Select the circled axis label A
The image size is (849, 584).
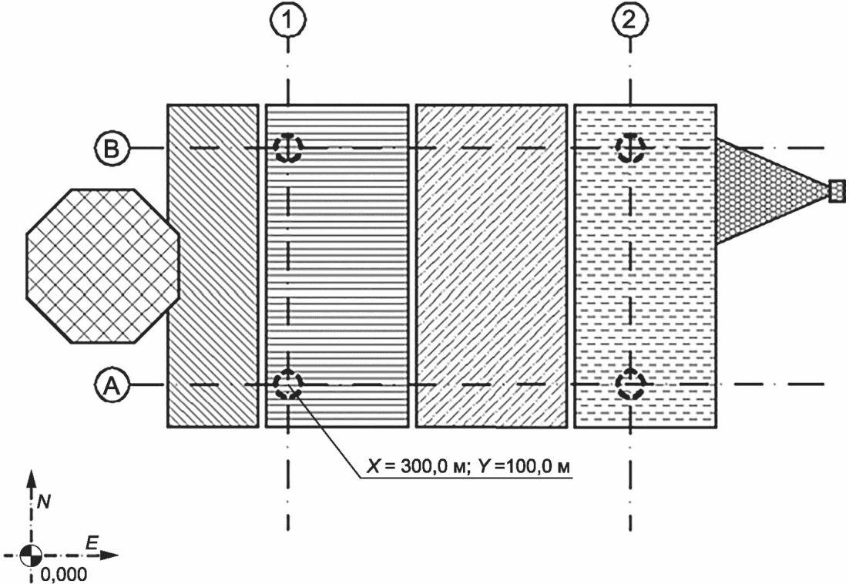coord(112,385)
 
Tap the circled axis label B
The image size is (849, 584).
coord(112,148)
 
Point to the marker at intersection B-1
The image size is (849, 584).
coord(288,147)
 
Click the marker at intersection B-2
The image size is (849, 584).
coord(630,147)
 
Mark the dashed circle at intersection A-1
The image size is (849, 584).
coord(288,384)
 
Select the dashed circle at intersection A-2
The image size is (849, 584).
coord(630,384)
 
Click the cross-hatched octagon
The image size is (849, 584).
coord(103,266)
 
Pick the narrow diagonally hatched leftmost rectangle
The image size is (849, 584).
coord(213,266)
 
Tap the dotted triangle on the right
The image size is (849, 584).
coord(771,191)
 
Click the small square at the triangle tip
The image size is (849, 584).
coord(837,191)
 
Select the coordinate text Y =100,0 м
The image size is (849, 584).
coord(524,466)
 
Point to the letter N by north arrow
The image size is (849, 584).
coord(44,502)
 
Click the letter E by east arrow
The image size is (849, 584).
coord(92,543)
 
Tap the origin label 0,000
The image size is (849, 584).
coord(63,574)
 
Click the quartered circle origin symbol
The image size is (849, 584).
coord(31,555)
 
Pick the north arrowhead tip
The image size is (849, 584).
coord(31,470)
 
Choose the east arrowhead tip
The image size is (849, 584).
coord(119,555)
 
